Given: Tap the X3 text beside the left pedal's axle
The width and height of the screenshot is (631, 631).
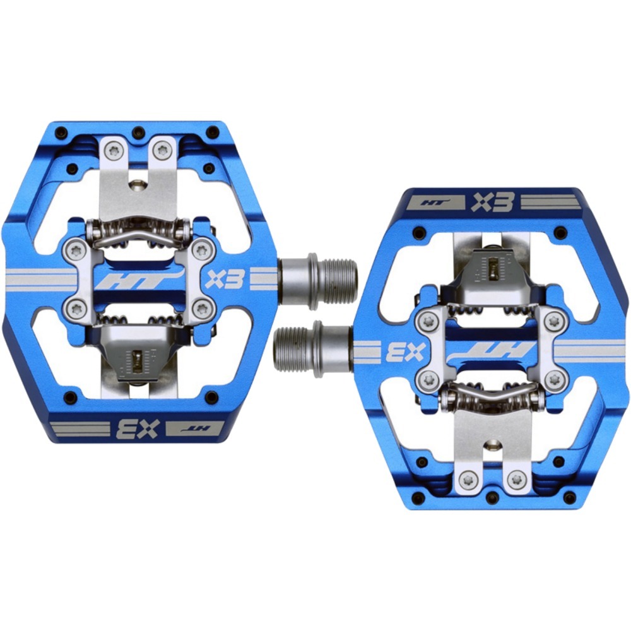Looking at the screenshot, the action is pos(225,278).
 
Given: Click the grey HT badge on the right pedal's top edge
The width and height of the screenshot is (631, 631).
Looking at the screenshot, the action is pos(434,202).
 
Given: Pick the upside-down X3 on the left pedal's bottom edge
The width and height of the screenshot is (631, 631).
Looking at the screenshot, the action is pos(138,429).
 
